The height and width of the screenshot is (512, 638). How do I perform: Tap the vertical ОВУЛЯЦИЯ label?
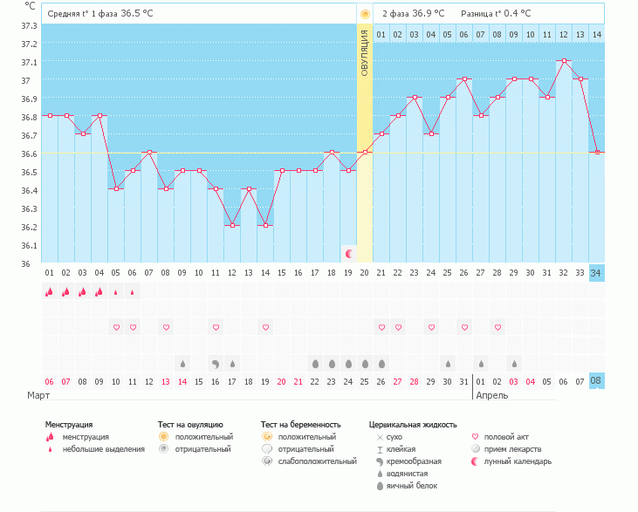[365, 52]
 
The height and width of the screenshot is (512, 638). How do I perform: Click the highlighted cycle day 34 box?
[597, 273]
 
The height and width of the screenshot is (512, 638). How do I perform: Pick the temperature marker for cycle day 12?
[232, 226]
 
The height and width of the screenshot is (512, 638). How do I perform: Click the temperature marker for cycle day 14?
[265, 226]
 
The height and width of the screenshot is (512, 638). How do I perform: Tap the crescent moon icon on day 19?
[349, 254]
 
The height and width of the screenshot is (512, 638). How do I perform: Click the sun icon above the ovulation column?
[365, 14]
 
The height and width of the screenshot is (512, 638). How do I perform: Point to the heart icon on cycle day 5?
[116, 327]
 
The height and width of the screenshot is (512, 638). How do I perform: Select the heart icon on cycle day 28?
[497, 327]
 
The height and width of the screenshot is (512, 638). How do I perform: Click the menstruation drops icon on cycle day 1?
[50, 292]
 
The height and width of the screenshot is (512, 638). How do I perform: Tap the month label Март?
[38, 395]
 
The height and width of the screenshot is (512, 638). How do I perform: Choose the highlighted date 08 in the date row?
[597, 381]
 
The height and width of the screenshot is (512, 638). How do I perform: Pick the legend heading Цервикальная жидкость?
[413, 425]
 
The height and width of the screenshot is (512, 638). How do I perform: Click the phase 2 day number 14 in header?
[597, 34]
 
